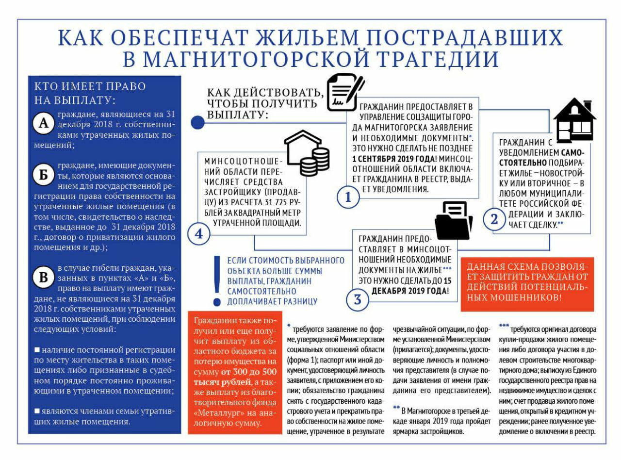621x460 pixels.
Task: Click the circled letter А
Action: pyautogui.click(x=44, y=124)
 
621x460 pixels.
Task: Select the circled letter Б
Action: pyautogui.click(x=44, y=175)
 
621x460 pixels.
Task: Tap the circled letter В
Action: pyautogui.click(x=44, y=278)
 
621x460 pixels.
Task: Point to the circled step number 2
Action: pyautogui.click(x=494, y=219)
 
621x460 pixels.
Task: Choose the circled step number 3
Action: pyautogui.click(x=358, y=299)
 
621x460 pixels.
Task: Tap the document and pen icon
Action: pyautogui.click(x=345, y=93)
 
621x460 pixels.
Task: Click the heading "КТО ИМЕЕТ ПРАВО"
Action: pyautogui.click(x=90, y=86)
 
